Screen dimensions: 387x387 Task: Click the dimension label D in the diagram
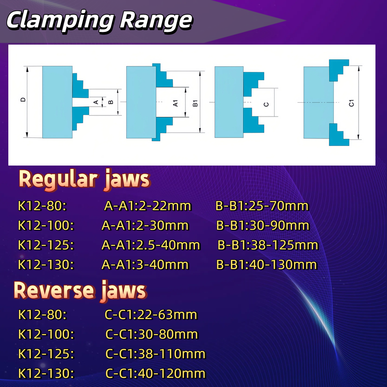pyautogui.click(x=23, y=99)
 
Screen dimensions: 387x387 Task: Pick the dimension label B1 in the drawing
pyautogui.click(x=195, y=103)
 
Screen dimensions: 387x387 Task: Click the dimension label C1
pyautogui.click(x=352, y=103)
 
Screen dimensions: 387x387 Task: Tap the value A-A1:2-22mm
pyautogui.click(x=148, y=206)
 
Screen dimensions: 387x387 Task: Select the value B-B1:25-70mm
pyautogui.click(x=262, y=206)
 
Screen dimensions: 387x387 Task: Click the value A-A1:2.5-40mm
pyautogui.click(x=151, y=245)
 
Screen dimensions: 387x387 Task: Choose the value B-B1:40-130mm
pyautogui.click(x=267, y=264)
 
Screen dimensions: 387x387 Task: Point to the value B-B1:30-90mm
pyautogui.click(x=263, y=225)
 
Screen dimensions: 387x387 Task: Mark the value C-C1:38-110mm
pyautogui.click(x=155, y=354)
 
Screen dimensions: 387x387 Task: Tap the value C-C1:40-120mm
pyautogui.click(x=155, y=373)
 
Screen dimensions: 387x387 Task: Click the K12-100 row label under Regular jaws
pyautogui.click(x=46, y=225)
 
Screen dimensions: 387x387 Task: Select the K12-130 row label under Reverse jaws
pyautogui.click(x=46, y=373)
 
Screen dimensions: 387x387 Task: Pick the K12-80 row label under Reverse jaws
pyautogui.click(x=42, y=314)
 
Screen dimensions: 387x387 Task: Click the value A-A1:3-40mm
pyautogui.click(x=145, y=264)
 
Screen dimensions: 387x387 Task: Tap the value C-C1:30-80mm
pyautogui.click(x=152, y=334)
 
